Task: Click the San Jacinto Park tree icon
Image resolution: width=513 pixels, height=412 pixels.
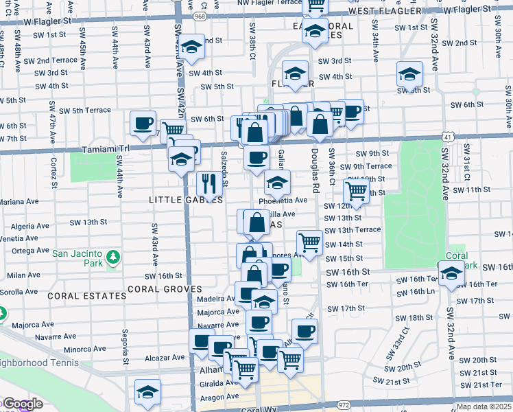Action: click(112, 258)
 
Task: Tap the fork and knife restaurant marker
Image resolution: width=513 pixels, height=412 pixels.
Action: click(209, 183)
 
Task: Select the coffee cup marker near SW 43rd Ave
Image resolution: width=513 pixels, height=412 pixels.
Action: click(143, 123)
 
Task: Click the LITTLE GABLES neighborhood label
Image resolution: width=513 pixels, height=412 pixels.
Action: click(186, 200)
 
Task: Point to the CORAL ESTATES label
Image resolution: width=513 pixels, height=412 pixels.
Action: click(87, 296)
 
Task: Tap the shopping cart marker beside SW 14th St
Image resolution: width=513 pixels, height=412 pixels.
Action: click(309, 242)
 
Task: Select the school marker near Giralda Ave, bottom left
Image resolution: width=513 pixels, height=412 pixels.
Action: click(147, 391)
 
